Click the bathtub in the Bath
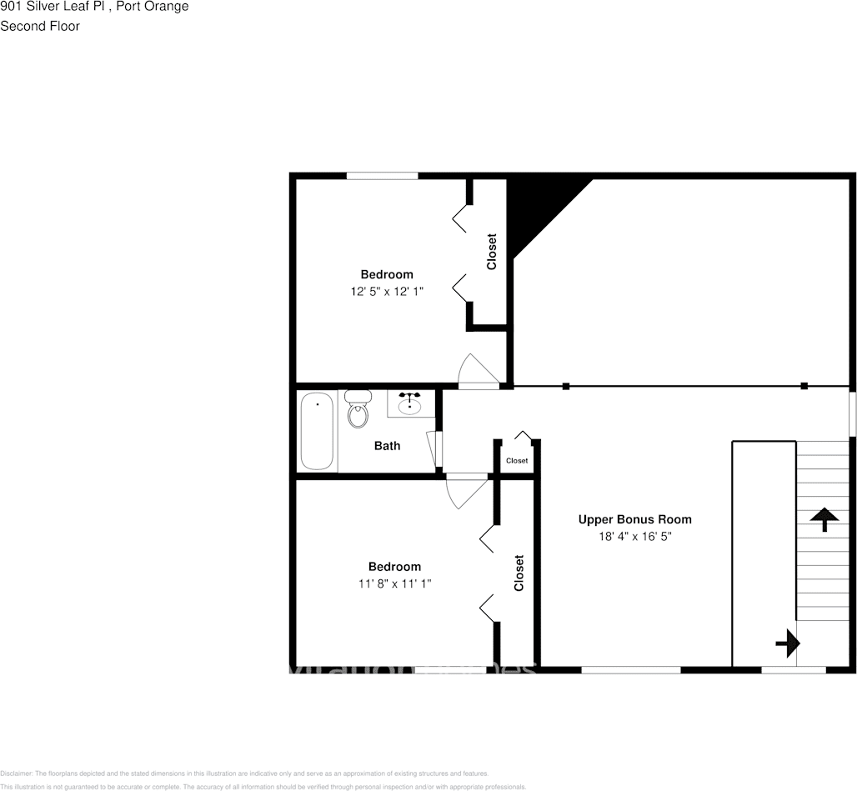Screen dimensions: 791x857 click(x=317, y=431)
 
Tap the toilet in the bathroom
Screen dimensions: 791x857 click(x=358, y=408)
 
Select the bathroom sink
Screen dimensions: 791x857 click(x=409, y=404)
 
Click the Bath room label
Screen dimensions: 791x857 click(x=387, y=446)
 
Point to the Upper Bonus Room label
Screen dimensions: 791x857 click(x=634, y=519)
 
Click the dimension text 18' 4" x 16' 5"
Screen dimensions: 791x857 click(x=634, y=537)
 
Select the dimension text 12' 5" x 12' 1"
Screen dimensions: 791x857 click(x=387, y=292)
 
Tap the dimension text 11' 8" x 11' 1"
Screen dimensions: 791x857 click(x=395, y=584)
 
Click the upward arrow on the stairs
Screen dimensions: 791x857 click(x=824, y=519)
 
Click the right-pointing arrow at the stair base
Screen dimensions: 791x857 click(x=788, y=643)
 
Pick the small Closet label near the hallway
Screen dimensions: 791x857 click(x=517, y=461)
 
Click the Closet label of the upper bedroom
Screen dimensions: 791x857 click(x=492, y=251)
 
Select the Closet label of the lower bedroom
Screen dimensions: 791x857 click(x=519, y=573)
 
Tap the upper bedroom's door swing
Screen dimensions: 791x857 click(x=476, y=372)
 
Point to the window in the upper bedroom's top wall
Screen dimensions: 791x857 click(x=382, y=176)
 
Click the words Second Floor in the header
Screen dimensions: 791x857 click(x=40, y=26)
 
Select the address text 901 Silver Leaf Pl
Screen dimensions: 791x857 click(x=50, y=7)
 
